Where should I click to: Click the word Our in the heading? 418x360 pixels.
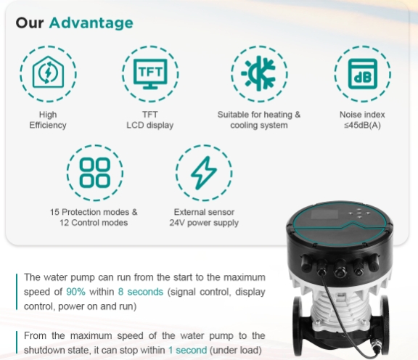31,22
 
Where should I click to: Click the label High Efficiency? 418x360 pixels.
48,120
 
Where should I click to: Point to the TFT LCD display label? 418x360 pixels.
150,120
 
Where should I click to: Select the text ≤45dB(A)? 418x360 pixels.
362,125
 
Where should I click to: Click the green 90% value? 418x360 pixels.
77,291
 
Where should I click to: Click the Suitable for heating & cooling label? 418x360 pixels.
259,120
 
